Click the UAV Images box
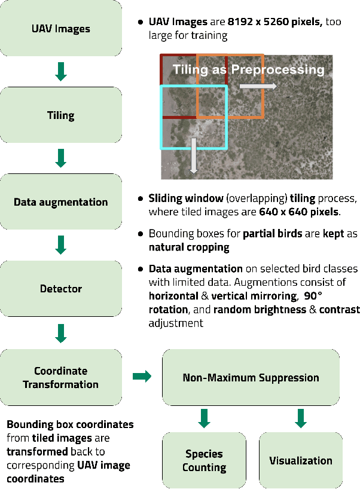point(60,28)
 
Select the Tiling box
point(60,115)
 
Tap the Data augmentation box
point(60,201)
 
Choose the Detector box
point(60,288)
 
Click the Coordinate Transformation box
point(60,377)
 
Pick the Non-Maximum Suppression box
point(251,377)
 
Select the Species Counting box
point(204,460)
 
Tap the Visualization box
point(300,460)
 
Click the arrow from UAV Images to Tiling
point(60,72)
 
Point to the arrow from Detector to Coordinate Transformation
point(60,332)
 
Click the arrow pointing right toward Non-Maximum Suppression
point(142,377)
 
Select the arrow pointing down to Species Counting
point(204,418)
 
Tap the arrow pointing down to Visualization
point(300,418)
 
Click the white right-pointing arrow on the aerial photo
point(258,87)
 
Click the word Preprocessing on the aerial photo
point(277,69)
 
